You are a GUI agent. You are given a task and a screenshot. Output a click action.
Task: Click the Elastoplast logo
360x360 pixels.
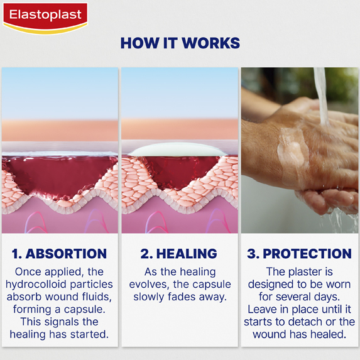click(x=45, y=18)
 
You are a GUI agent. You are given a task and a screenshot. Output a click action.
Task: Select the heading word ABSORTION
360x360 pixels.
click(x=66, y=254)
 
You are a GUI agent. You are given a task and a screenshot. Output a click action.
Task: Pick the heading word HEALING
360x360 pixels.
click(x=187, y=254)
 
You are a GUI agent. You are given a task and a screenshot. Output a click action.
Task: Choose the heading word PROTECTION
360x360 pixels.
click(x=307, y=254)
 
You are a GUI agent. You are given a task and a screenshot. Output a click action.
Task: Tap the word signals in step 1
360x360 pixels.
click(x=62, y=322)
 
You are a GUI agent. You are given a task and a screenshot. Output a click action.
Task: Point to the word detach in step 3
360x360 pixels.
click(x=306, y=322)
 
